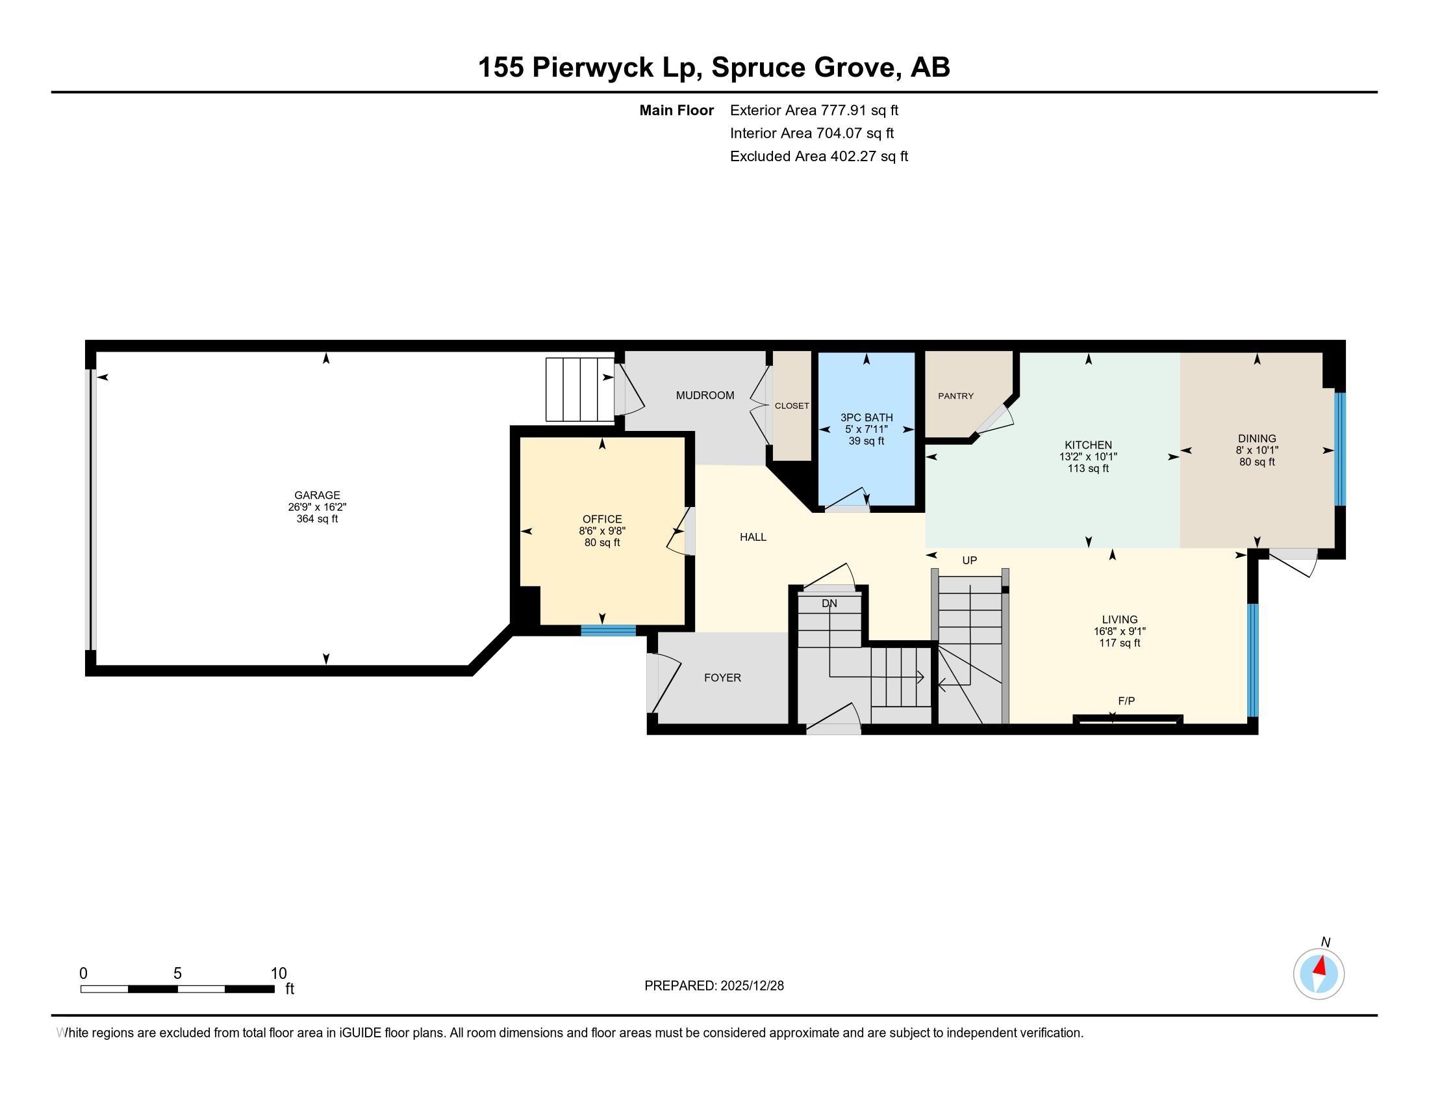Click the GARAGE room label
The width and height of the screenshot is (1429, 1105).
pos(317,495)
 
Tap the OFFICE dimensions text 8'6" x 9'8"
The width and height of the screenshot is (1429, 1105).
pos(602,531)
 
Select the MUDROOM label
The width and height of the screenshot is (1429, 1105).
pos(705,395)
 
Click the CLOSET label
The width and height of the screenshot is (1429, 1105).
pos(792,406)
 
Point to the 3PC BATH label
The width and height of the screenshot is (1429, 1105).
pos(866,418)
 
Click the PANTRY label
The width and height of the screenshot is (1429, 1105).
pos(955,396)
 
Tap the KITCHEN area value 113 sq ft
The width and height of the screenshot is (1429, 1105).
pos(1088,469)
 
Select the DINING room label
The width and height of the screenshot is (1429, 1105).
pos(1256,439)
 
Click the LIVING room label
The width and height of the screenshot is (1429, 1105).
pos(1120,619)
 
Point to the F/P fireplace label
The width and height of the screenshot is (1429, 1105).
pos(1126,701)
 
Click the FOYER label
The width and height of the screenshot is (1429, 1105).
pos(722,677)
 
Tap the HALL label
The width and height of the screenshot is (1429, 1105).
pos(752,537)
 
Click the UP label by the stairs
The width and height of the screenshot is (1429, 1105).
pos(969,560)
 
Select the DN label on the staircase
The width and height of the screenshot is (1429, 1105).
pos(829,603)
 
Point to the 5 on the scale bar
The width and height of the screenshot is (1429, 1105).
pos(177,974)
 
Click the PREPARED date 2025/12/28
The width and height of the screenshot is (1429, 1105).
pos(750,986)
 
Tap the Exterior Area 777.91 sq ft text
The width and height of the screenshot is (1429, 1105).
pos(814,110)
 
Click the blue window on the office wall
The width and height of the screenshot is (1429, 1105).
pos(608,630)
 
